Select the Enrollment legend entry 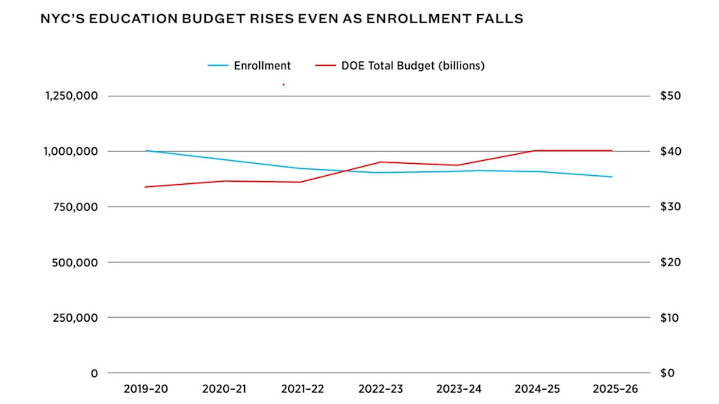pos(262,66)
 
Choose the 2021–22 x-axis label pos(303,389)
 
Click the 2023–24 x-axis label pos(457,389)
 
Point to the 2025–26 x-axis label pos(612,389)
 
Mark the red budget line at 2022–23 pos(380,162)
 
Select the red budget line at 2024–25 pos(535,150)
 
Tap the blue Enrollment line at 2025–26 pos(612,177)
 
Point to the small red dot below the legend pos(283,85)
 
